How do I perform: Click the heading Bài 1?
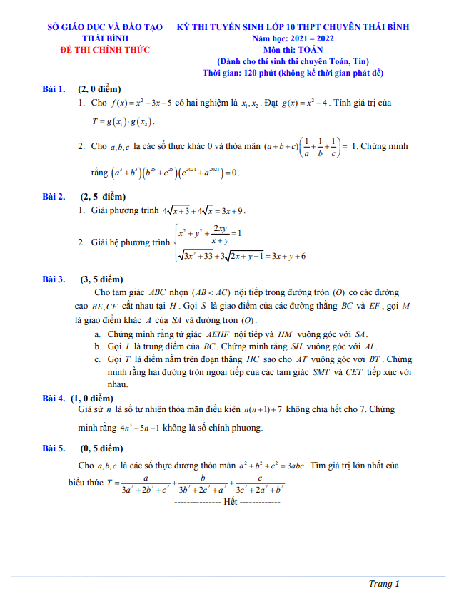[54, 89]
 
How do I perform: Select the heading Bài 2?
[54, 196]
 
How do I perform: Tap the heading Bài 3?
[54, 279]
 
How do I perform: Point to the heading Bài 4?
[54, 397]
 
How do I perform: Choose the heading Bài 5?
[54, 448]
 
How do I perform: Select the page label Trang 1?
[383, 584]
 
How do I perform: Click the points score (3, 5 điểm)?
[101, 279]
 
